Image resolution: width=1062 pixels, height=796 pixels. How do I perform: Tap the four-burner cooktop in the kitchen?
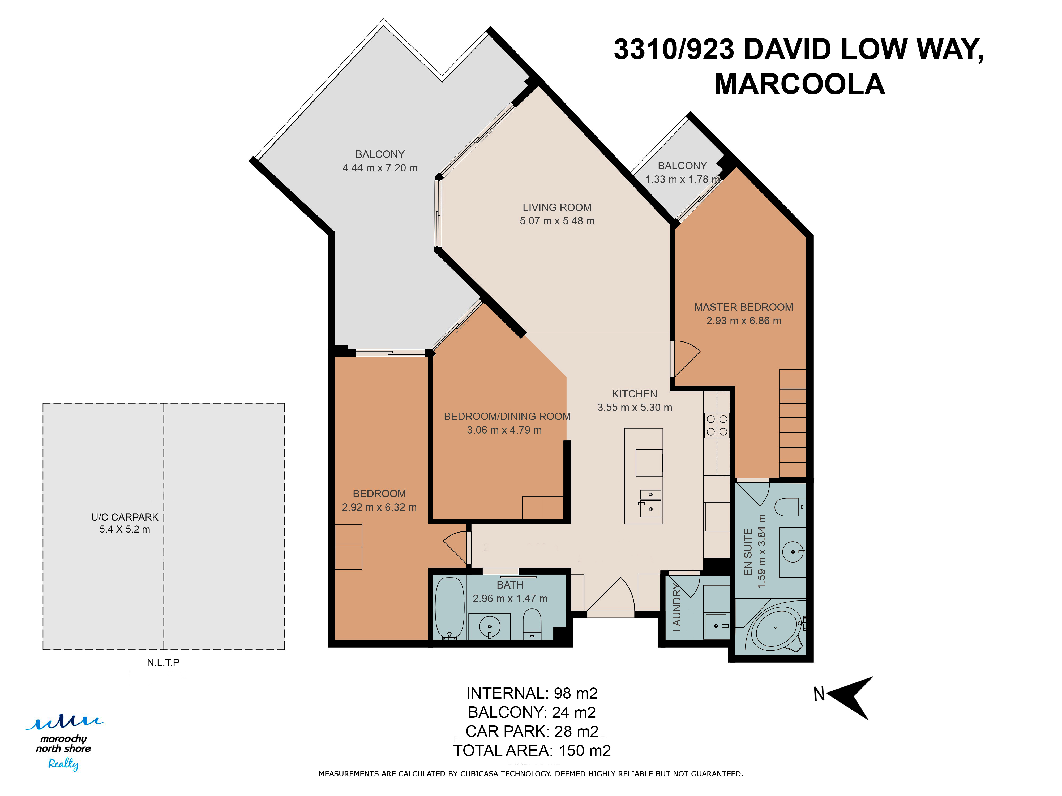pos(717,425)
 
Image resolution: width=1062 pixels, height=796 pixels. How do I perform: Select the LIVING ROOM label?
pos(557,207)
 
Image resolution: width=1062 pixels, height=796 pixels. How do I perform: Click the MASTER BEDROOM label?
pos(744,307)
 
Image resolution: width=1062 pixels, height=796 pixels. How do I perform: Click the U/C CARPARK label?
pos(125,517)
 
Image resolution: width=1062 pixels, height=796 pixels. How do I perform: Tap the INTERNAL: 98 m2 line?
pos(532,693)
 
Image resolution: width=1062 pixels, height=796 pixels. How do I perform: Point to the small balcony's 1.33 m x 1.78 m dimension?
pos(683,179)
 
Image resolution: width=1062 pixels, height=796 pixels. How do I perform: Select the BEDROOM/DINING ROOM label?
pos(507,417)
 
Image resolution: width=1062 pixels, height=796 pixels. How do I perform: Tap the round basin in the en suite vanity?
pos(793,552)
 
